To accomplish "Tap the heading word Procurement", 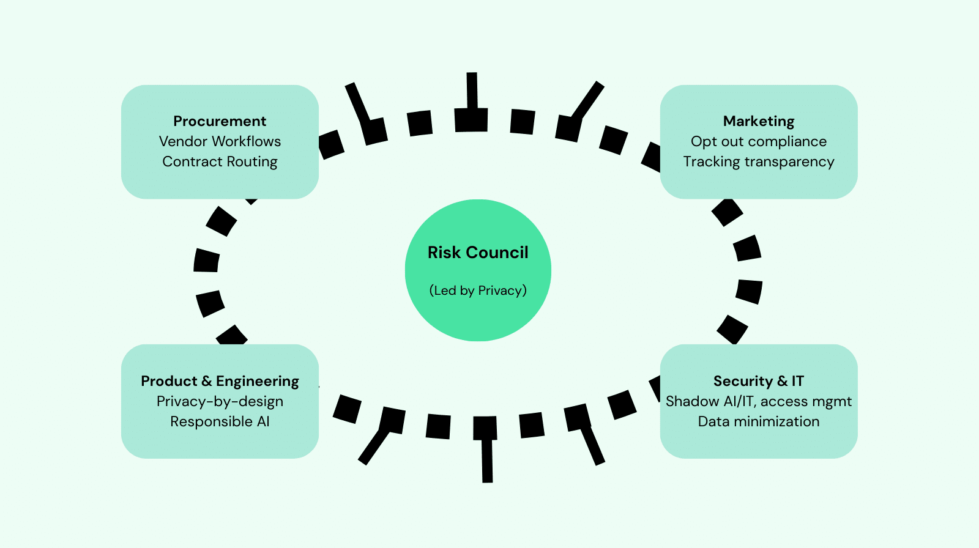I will click(220, 121).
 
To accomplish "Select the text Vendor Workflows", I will click(220, 141).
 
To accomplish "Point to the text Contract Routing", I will click(220, 161).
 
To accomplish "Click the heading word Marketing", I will click(759, 121).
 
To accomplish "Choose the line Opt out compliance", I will click(759, 141).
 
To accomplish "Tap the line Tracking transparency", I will click(759, 161).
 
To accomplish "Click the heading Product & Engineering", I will click(220, 381).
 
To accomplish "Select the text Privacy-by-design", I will click(220, 401).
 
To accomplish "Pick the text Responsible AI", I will click(220, 421).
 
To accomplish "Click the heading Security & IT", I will click(759, 381).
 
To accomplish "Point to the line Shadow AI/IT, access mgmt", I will click(759, 401).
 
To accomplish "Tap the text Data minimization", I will click(759, 421).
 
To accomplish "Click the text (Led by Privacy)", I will click(478, 291).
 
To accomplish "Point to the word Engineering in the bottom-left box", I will click(258, 381).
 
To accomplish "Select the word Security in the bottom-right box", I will click(743, 381).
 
